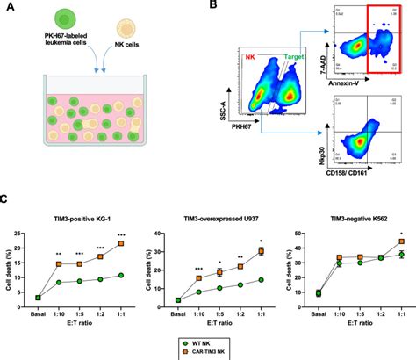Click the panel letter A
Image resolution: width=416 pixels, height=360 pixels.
[6, 7]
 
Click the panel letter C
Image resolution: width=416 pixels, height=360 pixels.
[6, 198]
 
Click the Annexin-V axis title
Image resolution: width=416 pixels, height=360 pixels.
[347, 82]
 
